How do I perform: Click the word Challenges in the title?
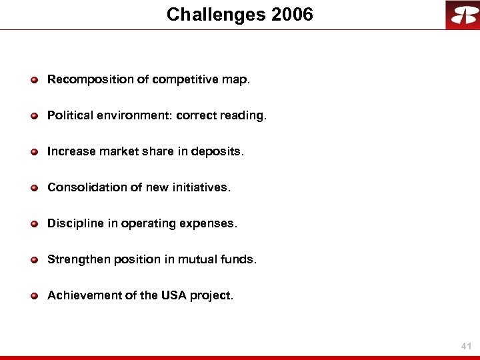point(215,15)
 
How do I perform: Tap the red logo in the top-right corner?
point(462,15)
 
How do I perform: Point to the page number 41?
point(466,347)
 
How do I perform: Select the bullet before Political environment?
point(33,116)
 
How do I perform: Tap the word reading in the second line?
point(242,116)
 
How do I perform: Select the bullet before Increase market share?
point(33,152)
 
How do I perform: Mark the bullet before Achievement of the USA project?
point(33,295)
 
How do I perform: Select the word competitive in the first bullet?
point(185,80)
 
